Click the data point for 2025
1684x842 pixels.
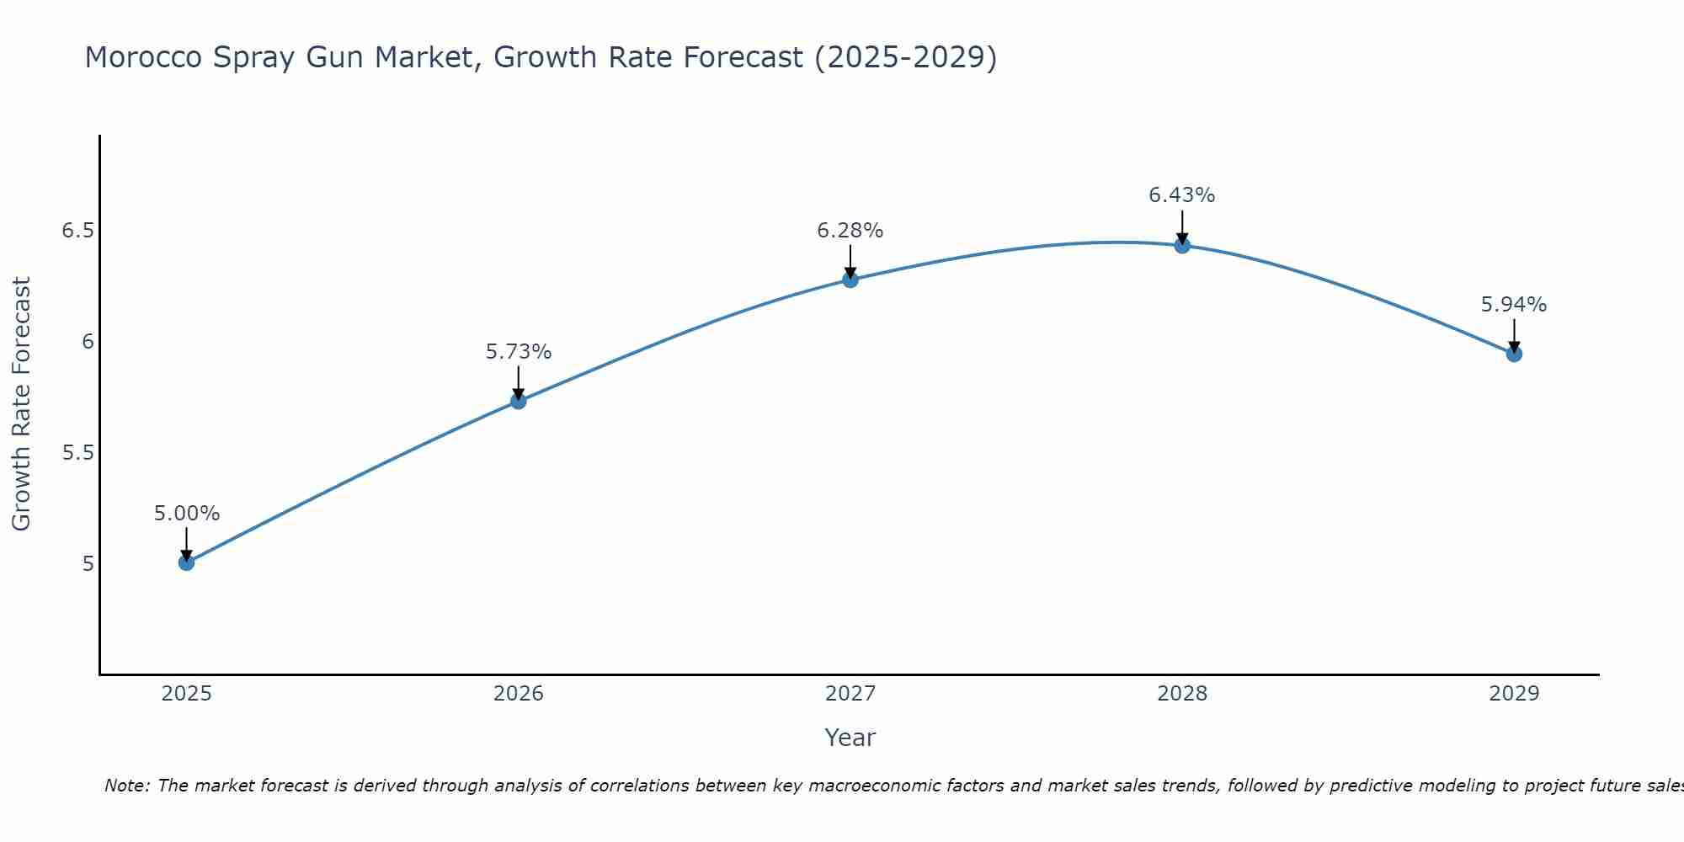click(187, 562)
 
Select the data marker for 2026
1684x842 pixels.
click(519, 401)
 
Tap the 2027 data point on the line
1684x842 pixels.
click(850, 280)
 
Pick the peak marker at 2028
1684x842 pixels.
click(1182, 246)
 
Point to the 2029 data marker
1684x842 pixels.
click(1514, 354)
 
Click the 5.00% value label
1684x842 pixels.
click(187, 514)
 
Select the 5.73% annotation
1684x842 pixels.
click(519, 352)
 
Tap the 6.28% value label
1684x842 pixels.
click(850, 231)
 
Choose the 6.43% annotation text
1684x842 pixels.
click(1182, 195)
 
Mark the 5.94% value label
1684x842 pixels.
click(1514, 305)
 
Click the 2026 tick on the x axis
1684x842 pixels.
click(519, 694)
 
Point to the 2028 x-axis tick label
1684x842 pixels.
click(1182, 694)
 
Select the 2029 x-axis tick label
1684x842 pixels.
click(1514, 694)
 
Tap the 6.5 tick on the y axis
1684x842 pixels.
click(77, 231)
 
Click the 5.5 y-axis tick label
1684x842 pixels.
click(77, 453)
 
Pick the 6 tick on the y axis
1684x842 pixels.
click(88, 342)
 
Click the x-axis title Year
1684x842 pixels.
click(850, 738)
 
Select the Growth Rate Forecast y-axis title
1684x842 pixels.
click(21, 404)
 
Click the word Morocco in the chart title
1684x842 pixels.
click(144, 57)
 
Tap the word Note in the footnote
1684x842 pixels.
click(126, 786)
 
